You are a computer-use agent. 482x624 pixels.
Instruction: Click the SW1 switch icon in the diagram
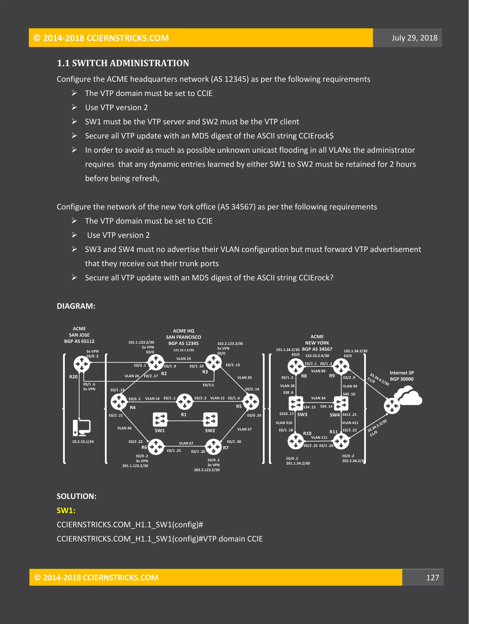tap(160, 420)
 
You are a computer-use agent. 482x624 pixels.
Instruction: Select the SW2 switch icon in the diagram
tap(210, 420)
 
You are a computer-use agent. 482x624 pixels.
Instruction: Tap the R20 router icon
tap(82, 364)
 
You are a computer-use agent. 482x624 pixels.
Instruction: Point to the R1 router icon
tap(185, 401)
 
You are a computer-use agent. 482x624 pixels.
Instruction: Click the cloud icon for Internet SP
tap(408, 396)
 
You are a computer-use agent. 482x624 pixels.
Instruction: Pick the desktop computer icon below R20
tap(81, 428)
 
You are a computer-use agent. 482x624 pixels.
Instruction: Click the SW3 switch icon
tap(296, 403)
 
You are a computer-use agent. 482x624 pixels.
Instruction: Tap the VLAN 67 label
tap(186, 443)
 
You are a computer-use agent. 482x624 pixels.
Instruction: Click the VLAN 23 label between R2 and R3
tap(183, 359)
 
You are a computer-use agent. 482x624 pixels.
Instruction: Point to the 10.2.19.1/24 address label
tap(83, 442)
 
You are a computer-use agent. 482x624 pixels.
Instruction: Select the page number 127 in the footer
tap(432, 577)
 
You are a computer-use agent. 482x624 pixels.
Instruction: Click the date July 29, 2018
tap(414, 38)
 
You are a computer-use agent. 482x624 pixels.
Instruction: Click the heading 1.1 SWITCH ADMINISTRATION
tap(123, 63)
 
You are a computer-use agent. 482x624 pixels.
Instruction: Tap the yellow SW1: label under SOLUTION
tap(66, 510)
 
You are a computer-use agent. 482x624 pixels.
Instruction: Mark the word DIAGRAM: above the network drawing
tap(76, 306)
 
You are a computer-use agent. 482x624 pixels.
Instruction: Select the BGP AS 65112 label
tap(79, 341)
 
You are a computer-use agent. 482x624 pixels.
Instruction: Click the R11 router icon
tap(341, 441)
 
